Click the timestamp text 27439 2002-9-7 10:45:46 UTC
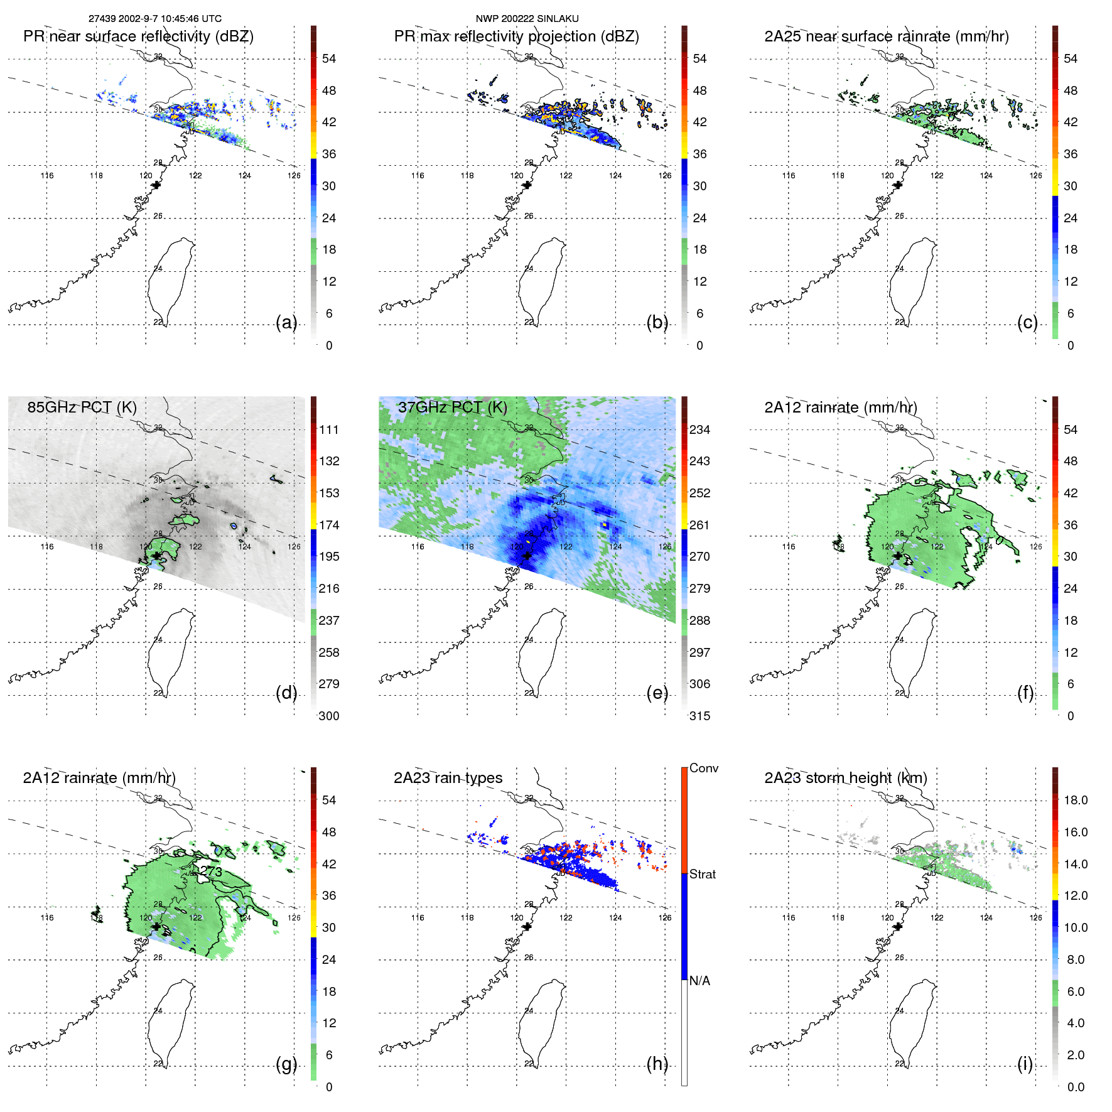154,19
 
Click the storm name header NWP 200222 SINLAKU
527,19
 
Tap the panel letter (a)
286,323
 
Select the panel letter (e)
657,693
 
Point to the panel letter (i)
1025,1064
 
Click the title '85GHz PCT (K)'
82,407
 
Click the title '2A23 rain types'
448,778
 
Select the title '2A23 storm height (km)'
845,778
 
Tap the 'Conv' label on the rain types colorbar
703,768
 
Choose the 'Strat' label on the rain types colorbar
702,874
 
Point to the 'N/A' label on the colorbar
699,981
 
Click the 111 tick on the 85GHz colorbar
329,430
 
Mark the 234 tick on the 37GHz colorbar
699,430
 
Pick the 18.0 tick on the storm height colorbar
1076,801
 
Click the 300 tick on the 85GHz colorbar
329,716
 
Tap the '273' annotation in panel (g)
212,872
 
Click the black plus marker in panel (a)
156,185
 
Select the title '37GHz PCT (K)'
452,407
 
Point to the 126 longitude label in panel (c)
1035,176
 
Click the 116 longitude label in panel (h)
418,918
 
